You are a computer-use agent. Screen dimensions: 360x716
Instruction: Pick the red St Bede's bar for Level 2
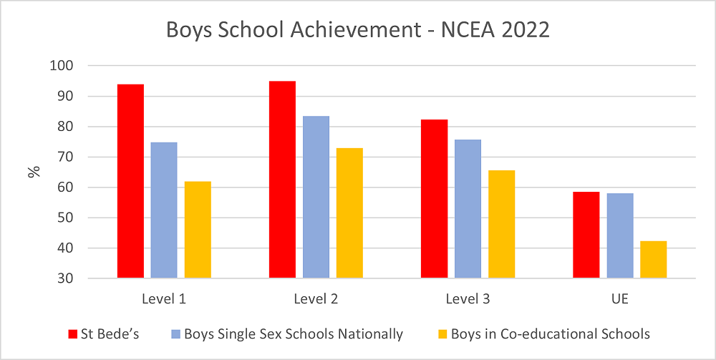click(282, 180)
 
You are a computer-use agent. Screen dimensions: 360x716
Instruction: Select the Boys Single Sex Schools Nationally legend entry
click(286, 334)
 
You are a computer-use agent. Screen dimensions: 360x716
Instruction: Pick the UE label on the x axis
click(619, 298)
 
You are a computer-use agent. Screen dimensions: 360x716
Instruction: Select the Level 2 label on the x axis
click(316, 298)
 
